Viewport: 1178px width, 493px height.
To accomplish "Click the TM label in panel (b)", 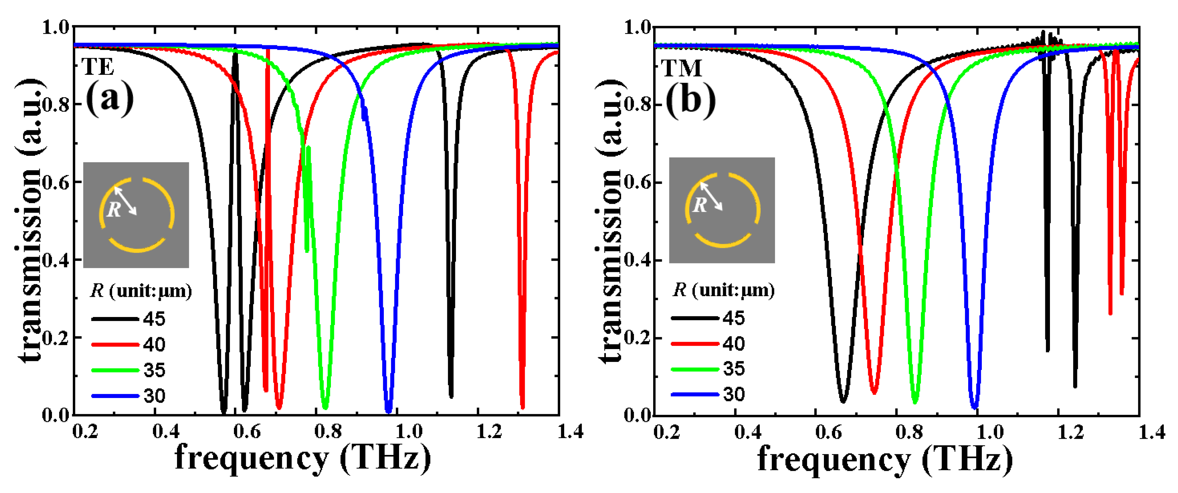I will pos(681,68).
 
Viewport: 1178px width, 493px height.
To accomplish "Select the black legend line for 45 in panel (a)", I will pos(115,319).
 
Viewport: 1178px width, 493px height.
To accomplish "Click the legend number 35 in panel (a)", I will pos(154,370).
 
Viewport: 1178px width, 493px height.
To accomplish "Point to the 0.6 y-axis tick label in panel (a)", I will pos(56,182).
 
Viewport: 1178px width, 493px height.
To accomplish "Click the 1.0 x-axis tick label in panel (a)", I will pos(408,431).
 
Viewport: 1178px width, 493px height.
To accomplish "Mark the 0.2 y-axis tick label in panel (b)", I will pos(637,338).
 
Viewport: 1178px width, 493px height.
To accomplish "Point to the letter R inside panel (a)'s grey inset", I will pos(114,210).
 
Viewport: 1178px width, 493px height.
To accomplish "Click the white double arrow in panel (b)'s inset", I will pos(711,196).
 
